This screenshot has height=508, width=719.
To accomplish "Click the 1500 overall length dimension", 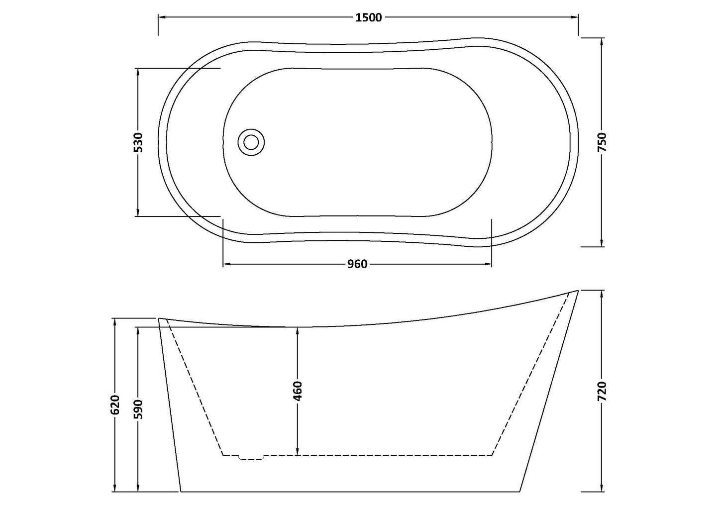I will pyautogui.click(x=368, y=18).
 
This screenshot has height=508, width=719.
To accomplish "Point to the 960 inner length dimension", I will pyautogui.click(x=357, y=264).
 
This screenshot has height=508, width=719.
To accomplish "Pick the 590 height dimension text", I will pyautogui.click(x=138, y=409).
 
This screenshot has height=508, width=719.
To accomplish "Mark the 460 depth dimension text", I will pyautogui.click(x=297, y=391).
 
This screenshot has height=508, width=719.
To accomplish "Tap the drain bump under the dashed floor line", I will pyautogui.click(x=252, y=458).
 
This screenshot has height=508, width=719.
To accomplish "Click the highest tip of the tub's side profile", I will pyautogui.click(x=577, y=291).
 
